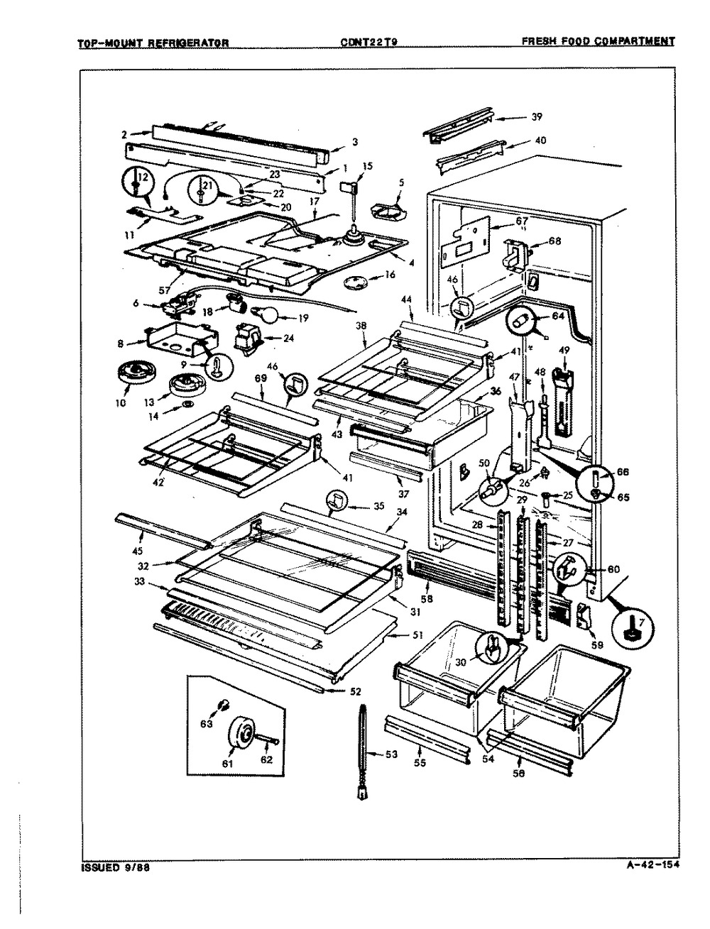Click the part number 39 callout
click(x=537, y=118)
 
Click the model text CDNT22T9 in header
click(x=368, y=42)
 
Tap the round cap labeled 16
click(x=353, y=282)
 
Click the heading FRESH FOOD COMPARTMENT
click(x=598, y=42)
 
